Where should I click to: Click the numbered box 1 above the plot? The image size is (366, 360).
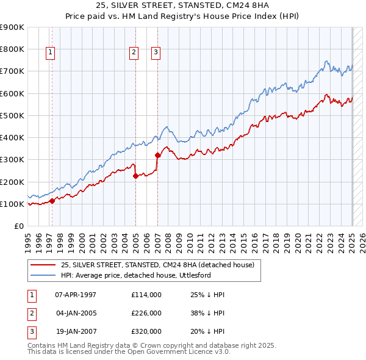[x=50, y=52]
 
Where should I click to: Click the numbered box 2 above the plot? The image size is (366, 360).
[x=133, y=52]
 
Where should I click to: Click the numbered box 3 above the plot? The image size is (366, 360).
[x=156, y=52]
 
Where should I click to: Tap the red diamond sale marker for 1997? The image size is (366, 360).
[x=52, y=200]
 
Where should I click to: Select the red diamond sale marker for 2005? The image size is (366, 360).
[x=135, y=176]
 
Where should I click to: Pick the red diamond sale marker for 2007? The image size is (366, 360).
[x=157, y=155]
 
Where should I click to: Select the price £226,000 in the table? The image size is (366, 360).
[x=146, y=313]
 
